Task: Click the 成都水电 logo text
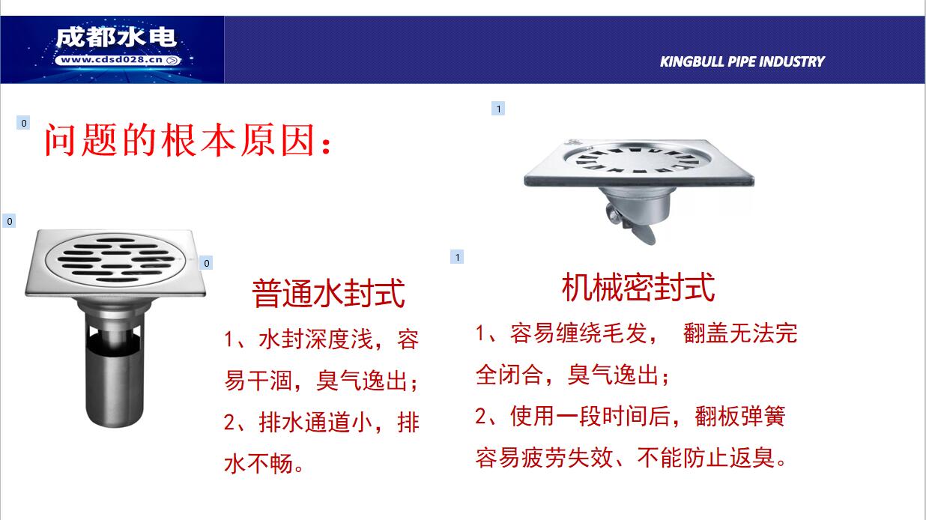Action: click(116, 38)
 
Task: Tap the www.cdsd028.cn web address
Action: click(112, 60)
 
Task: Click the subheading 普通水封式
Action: click(328, 293)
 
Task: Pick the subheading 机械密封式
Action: click(638, 287)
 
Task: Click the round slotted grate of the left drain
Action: click(113, 259)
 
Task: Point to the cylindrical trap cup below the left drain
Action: click(115, 368)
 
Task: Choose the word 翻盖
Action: click(706, 333)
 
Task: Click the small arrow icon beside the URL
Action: click(172, 61)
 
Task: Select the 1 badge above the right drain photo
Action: click(498, 109)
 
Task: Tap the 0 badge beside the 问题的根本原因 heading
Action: click(23, 123)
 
